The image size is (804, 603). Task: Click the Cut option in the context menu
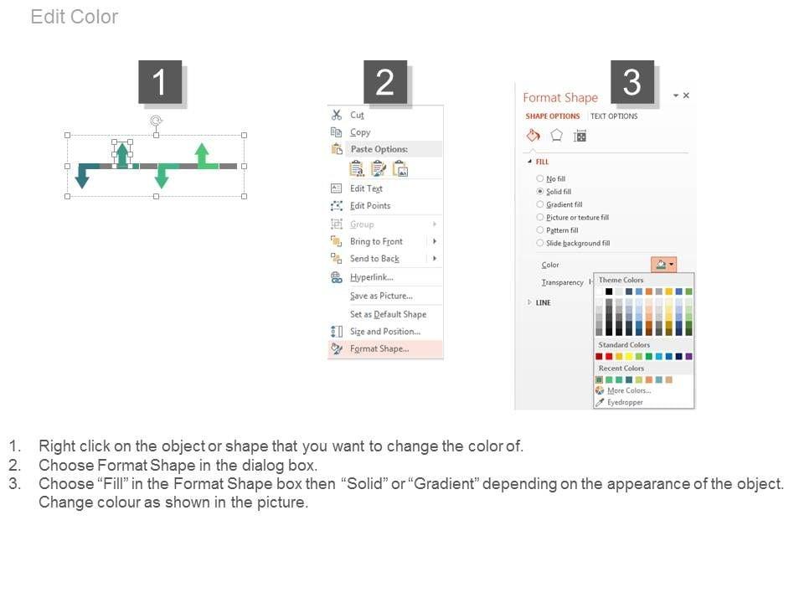pyautogui.click(x=357, y=115)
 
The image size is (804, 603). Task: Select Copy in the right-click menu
pyautogui.click(x=360, y=132)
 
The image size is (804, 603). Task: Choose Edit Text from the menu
pyautogui.click(x=366, y=188)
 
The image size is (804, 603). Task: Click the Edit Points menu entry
pyautogui.click(x=370, y=206)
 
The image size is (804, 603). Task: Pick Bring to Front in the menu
pyautogui.click(x=376, y=241)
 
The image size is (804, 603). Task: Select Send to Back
pyautogui.click(x=374, y=259)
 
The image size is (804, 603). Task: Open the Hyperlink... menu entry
pyautogui.click(x=372, y=277)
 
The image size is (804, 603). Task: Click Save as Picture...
pyautogui.click(x=382, y=296)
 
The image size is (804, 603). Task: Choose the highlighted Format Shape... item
pyautogui.click(x=379, y=348)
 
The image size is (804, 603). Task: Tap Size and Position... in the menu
pyautogui.click(x=385, y=332)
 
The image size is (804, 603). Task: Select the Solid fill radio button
pyautogui.click(x=540, y=191)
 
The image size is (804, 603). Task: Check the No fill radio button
pyautogui.click(x=540, y=178)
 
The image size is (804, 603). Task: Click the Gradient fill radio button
pyautogui.click(x=540, y=204)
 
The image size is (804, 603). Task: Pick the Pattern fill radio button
pyautogui.click(x=540, y=229)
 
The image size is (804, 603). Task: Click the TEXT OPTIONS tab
pyautogui.click(x=614, y=116)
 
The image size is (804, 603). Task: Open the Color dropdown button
pyautogui.click(x=664, y=265)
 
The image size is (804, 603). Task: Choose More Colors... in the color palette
pyautogui.click(x=629, y=391)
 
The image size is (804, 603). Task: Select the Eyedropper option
pyautogui.click(x=625, y=403)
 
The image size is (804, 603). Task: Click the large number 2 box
pyautogui.click(x=385, y=82)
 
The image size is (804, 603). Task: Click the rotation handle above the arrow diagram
pyautogui.click(x=156, y=121)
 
